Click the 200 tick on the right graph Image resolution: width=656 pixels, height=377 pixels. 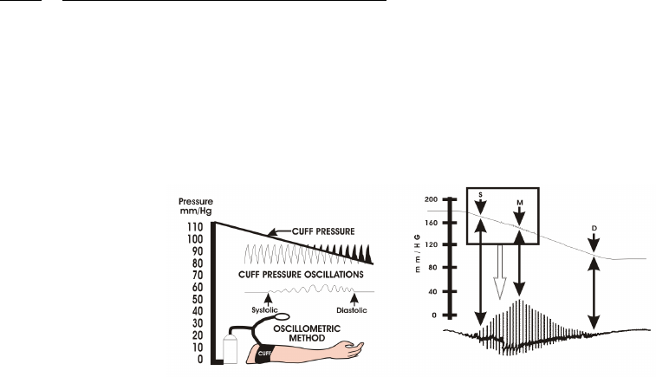pyautogui.click(x=431, y=199)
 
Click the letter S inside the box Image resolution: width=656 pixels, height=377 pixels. pyautogui.click(x=480, y=196)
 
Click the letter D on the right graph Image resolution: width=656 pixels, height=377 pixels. pyautogui.click(x=594, y=227)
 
